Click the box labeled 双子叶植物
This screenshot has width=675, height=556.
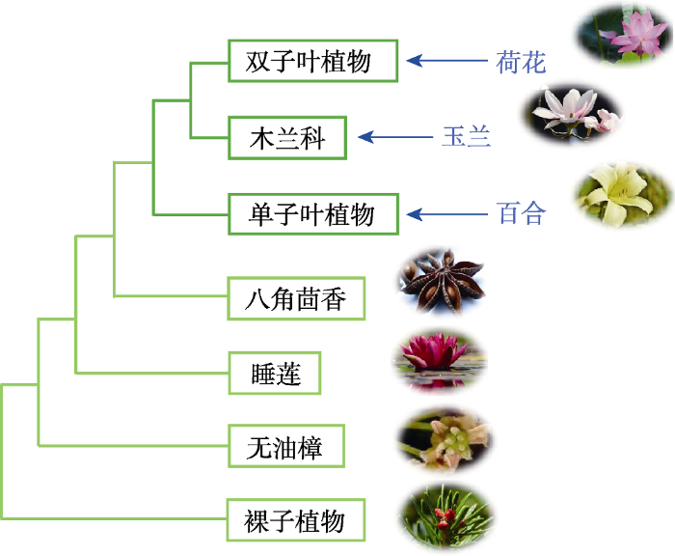point(313,61)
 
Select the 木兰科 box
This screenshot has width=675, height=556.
point(287,137)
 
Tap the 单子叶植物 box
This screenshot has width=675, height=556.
point(313,214)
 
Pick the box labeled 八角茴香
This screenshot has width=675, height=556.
point(296,298)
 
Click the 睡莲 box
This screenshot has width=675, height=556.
point(275,373)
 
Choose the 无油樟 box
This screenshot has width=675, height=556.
point(286,446)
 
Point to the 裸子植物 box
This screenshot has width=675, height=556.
point(296,519)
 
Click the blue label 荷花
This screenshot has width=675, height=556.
point(521,62)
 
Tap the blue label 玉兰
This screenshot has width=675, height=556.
point(467,137)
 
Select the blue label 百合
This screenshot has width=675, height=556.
point(521,213)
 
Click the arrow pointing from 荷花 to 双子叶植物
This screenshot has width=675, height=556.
point(446,61)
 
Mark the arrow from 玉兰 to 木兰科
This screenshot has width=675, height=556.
point(395,137)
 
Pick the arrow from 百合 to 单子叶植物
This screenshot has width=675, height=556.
point(446,214)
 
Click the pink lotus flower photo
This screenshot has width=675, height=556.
point(625,35)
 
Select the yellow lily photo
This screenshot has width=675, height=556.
point(623,194)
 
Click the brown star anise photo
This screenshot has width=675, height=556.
point(442,281)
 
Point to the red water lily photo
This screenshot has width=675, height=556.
point(440,362)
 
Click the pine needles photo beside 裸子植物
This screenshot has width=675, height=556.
point(446,516)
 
